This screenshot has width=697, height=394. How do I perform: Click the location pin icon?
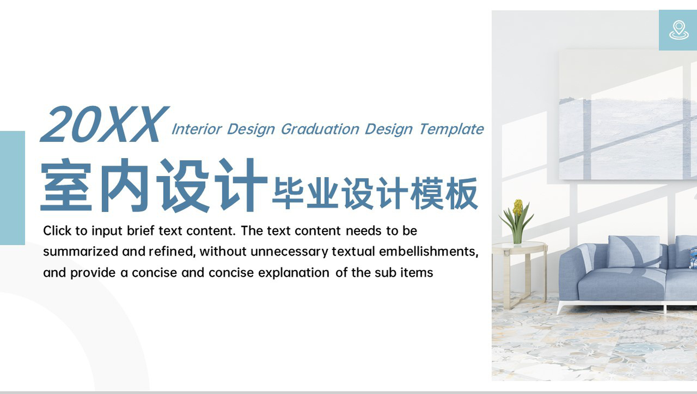(678, 30)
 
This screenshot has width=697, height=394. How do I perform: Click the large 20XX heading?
(104, 124)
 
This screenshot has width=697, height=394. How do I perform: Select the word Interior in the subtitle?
(197, 129)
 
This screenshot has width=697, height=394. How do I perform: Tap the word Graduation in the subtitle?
(320, 129)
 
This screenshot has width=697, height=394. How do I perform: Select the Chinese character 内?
(124, 185)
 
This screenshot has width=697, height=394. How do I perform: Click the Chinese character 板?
(462, 193)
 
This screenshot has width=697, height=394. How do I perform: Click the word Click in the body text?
(58, 231)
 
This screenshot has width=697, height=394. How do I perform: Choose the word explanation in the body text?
(294, 273)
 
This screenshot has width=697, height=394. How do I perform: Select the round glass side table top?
(519, 247)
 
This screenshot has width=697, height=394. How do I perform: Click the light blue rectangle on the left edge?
(12, 188)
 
